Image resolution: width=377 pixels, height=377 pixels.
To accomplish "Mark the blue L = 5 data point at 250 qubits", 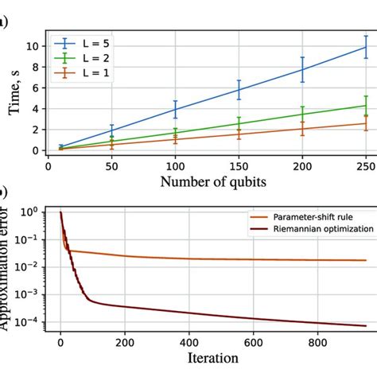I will point(365,47).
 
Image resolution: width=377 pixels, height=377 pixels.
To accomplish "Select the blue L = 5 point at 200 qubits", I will point(302,69).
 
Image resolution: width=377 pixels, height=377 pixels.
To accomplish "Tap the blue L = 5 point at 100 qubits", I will point(175,109).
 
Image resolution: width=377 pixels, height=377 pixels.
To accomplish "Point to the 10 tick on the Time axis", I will point(34,46).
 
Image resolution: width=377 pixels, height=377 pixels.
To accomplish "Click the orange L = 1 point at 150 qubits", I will point(239,134).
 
